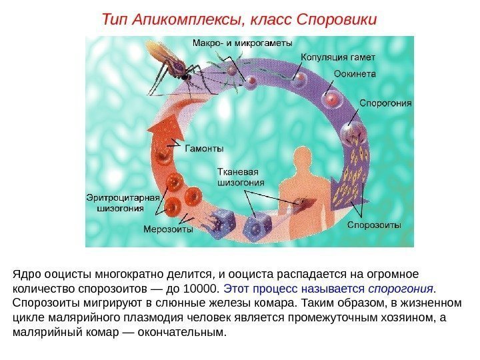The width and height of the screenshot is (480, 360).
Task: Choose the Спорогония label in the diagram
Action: click(385, 103)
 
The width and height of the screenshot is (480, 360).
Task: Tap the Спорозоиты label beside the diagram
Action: click(374, 225)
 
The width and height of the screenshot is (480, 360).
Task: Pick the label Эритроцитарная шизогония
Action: click(123, 202)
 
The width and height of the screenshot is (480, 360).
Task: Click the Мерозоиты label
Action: click(168, 229)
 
